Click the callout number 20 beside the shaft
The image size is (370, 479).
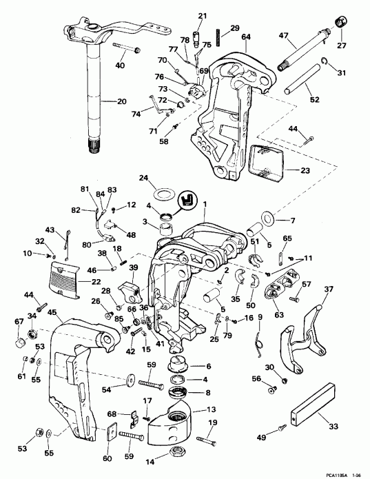click(x=121, y=101)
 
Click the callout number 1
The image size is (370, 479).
click(x=203, y=203)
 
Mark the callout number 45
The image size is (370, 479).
click(x=52, y=312)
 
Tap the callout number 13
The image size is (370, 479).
click(x=212, y=409)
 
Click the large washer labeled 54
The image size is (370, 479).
click(x=130, y=378)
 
